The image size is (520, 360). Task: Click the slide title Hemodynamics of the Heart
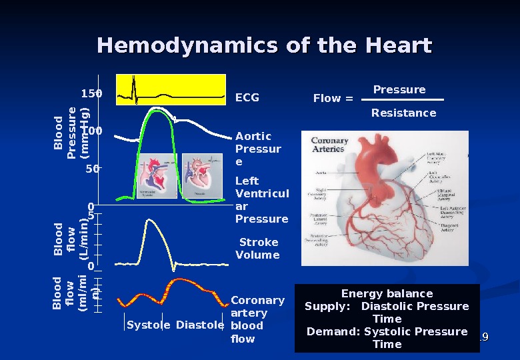coord(265,46)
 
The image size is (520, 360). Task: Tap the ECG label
coord(247,98)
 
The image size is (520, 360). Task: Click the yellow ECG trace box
coord(171,90)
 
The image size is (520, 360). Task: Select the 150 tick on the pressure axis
coord(91,94)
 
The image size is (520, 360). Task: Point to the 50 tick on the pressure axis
coord(92,169)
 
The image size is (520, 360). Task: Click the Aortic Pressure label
coord(258,149)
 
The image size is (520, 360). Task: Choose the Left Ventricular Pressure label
coord(262,199)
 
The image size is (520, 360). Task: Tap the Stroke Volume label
coord(257,249)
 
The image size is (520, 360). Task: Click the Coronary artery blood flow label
coord(257,319)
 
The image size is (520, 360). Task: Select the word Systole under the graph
coord(148,325)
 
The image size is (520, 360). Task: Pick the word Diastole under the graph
coord(200,325)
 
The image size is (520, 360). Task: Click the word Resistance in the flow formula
coord(403,113)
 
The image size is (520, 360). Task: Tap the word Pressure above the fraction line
coord(399,90)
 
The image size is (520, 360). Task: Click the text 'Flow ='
coord(333,99)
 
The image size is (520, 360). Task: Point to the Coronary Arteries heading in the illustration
coord(330,145)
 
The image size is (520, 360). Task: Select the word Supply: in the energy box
coord(327,307)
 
